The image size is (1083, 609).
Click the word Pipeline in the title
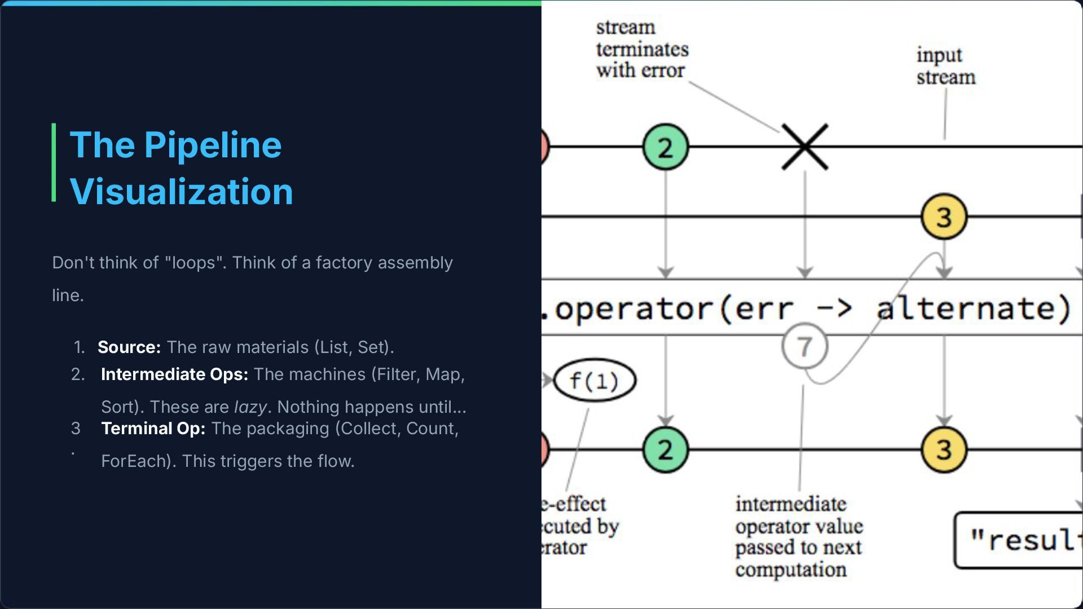213,145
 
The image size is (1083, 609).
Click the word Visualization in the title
181,192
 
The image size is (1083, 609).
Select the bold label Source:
129,347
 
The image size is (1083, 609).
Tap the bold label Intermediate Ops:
174,374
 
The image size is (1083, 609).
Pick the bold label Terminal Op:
153,429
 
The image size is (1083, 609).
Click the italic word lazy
250,407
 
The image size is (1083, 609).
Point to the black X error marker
805,147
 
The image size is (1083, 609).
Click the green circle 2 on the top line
666,147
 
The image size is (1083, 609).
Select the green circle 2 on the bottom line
666,449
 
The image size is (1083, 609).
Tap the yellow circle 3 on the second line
944,217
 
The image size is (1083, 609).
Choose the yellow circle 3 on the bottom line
944,449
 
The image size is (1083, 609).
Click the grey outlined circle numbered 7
805,346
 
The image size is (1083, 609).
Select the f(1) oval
595,381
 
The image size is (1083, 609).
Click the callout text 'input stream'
945,66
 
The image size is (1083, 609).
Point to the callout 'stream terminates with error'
642,49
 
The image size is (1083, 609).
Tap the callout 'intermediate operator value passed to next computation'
799,536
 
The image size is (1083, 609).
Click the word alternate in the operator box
973,308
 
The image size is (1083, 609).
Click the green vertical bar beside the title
54,162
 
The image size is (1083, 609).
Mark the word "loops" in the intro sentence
194,263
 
